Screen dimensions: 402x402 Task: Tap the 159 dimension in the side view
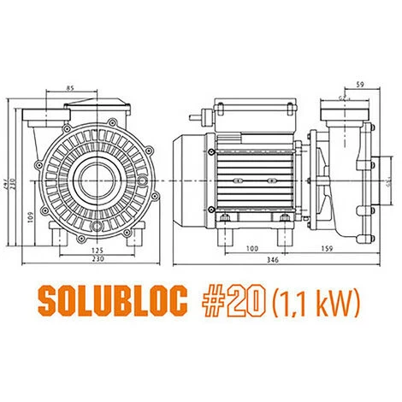click(x=328, y=249)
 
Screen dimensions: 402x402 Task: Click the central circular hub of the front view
click(x=89, y=175)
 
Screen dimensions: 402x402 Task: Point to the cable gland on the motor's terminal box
click(x=205, y=111)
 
